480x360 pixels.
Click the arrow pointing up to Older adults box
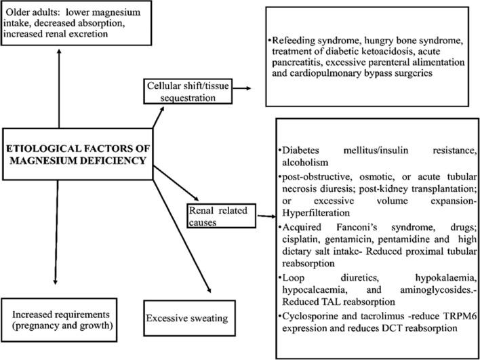tap(60, 88)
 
